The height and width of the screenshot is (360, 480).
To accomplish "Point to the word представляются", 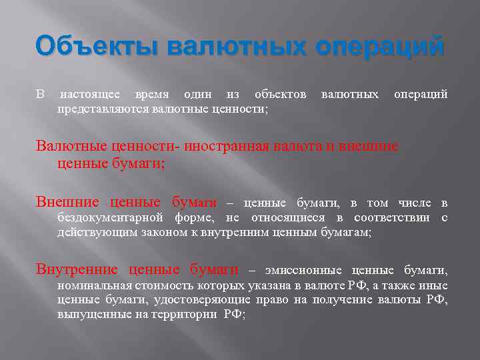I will pyautogui.click(x=103, y=108).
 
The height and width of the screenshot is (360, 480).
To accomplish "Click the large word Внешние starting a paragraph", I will pyautogui.click(x=67, y=203).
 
